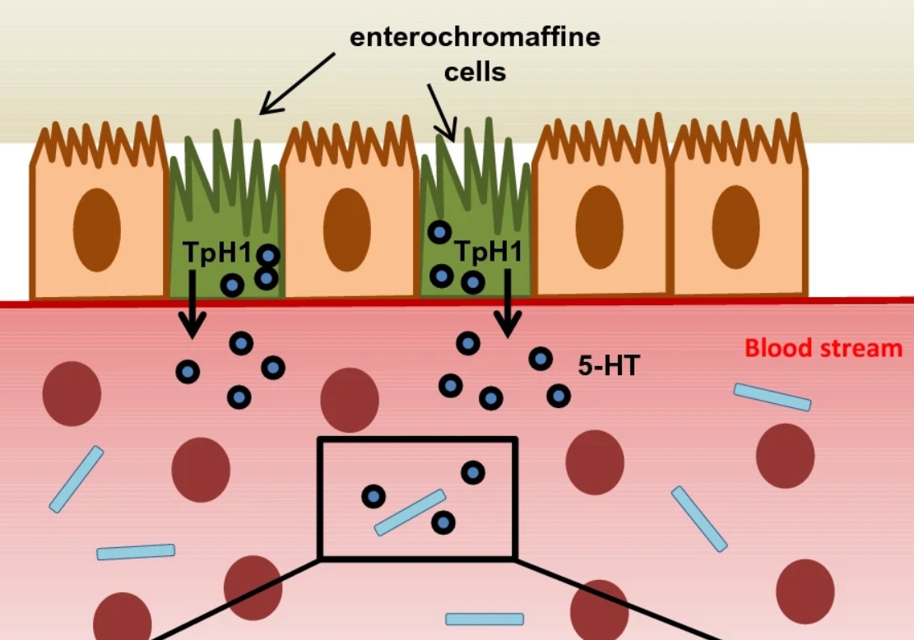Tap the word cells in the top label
(x=475, y=72)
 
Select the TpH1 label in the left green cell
(x=218, y=253)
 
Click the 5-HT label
(x=608, y=366)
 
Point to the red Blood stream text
(x=823, y=348)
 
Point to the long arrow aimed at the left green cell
(x=298, y=83)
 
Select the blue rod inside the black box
(x=410, y=512)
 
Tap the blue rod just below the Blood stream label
(x=772, y=397)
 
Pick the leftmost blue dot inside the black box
(x=373, y=496)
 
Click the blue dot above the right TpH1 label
(x=438, y=232)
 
